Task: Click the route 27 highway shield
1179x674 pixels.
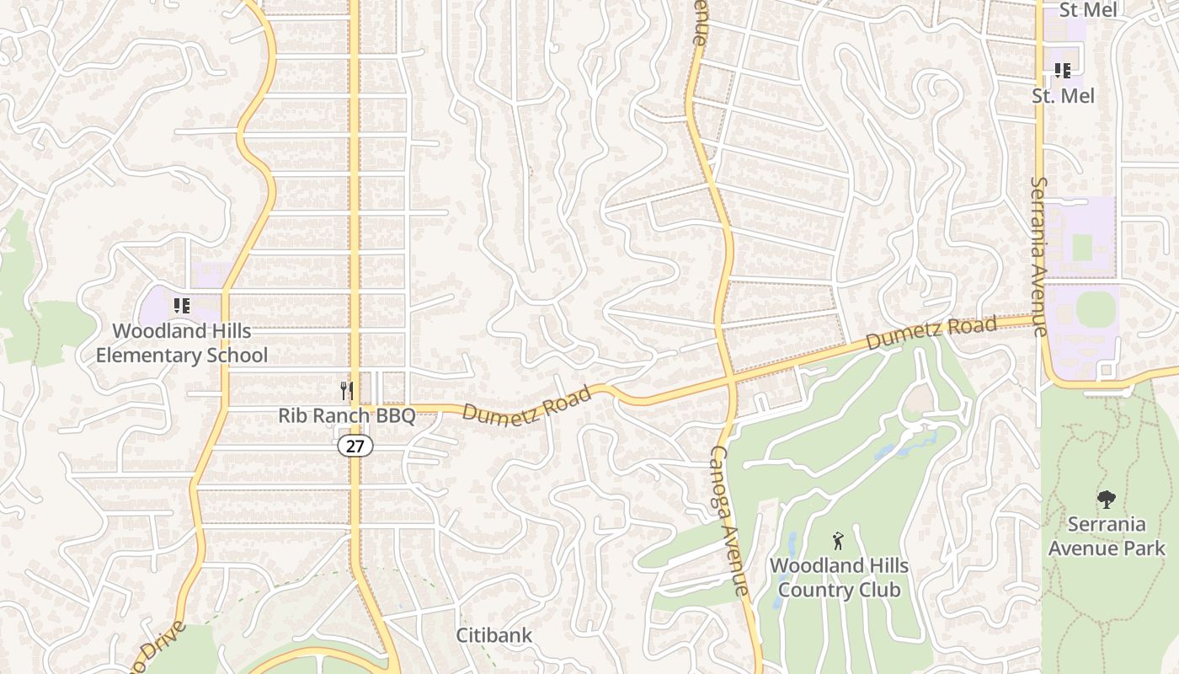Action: [355, 446]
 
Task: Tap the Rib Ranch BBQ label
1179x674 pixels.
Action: [347, 416]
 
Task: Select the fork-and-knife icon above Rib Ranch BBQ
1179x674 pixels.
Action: [346, 391]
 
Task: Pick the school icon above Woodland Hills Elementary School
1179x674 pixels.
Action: [181, 306]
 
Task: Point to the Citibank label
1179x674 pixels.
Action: [494, 635]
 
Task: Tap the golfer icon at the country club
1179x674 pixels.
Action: [838, 540]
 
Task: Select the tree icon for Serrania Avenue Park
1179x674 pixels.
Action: [1107, 500]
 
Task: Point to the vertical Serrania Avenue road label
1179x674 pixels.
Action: [1039, 256]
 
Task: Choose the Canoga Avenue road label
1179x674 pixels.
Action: [729, 521]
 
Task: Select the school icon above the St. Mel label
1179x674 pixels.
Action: [1062, 71]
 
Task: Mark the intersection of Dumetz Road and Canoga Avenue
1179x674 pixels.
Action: [729, 381]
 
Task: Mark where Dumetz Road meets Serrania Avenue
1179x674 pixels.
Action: [1039, 319]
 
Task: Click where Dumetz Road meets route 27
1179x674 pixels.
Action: [355, 408]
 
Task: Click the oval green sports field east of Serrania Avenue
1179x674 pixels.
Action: [1095, 309]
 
